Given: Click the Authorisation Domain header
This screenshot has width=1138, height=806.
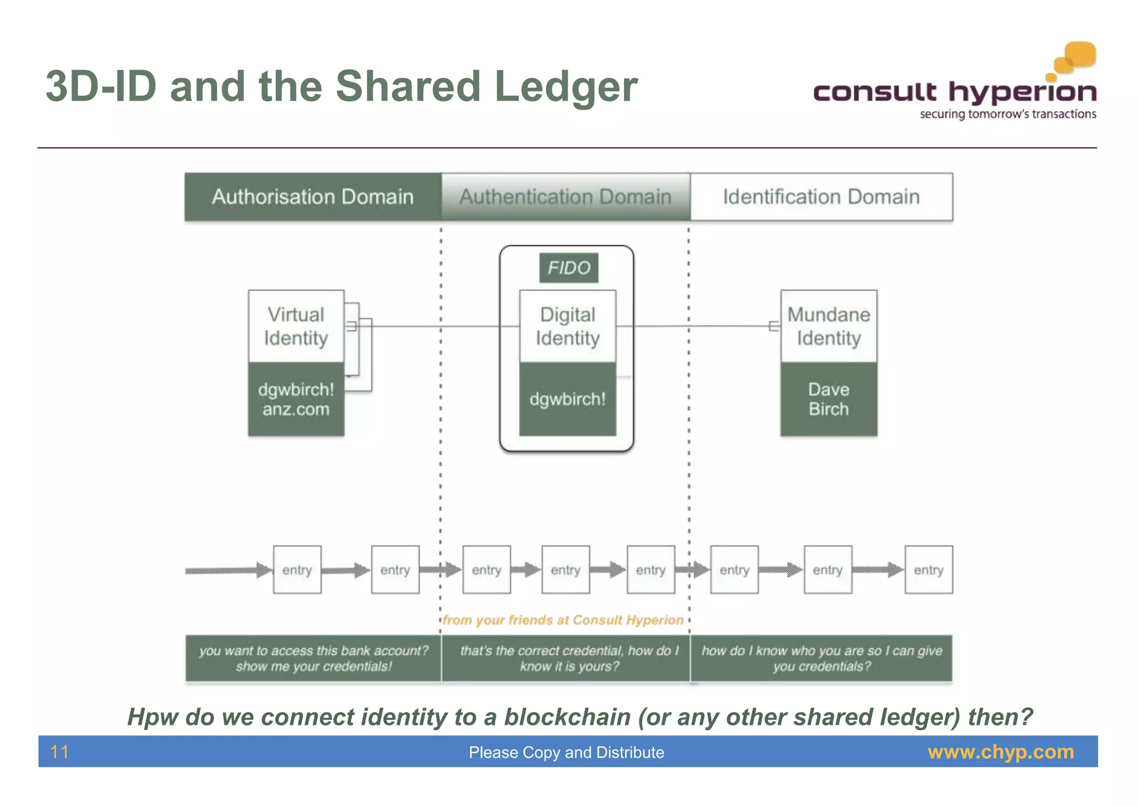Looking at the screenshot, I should click(313, 197).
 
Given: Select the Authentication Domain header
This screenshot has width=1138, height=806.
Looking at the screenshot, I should click(565, 197).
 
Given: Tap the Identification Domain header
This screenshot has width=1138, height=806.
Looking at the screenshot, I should click(821, 197).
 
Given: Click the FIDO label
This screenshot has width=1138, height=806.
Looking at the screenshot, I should click(568, 268).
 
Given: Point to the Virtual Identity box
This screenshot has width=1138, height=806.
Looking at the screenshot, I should click(296, 326).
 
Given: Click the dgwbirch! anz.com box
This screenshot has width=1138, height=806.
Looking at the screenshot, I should click(296, 399).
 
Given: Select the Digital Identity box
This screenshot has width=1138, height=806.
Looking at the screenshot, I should click(567, 326).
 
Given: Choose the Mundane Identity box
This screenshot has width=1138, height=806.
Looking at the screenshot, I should click(828, 326).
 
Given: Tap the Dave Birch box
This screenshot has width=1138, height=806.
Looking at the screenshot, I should click(828, 399).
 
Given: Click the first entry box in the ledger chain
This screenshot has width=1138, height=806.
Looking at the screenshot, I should click(297, 570).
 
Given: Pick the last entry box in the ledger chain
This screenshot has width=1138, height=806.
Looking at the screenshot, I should click(928, 570).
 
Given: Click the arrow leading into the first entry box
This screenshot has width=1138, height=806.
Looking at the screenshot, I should click(228, 570).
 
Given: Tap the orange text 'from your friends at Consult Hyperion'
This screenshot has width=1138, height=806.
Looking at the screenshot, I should click(563, 620).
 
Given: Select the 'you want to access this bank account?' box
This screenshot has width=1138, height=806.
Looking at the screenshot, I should click(313, 658).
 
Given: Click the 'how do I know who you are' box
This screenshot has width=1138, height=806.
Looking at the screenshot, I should click(821, 658).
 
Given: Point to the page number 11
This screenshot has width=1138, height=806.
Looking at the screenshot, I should click(59, 752).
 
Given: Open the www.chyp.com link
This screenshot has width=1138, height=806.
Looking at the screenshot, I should click(1000, 752).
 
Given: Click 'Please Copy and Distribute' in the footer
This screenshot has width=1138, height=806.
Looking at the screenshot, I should click(566, 752).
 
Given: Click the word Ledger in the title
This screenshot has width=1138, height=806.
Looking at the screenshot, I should click(566, 87).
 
